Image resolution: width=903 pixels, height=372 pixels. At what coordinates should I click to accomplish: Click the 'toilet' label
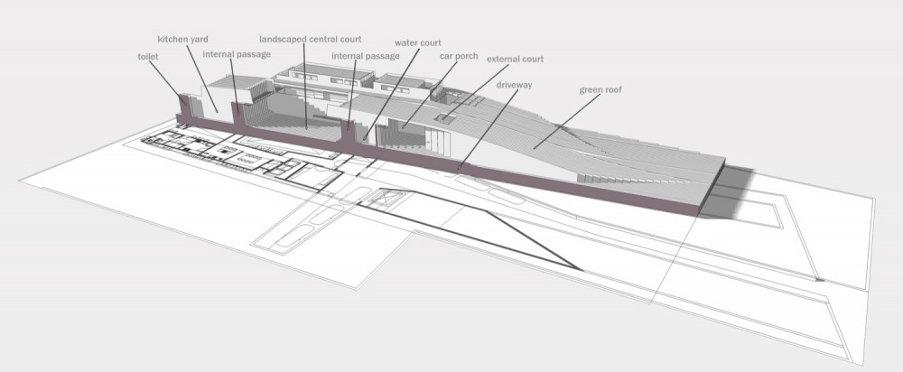(x=148, y=57)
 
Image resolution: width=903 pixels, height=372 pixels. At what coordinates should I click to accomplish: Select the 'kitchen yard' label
(x=183, y=40)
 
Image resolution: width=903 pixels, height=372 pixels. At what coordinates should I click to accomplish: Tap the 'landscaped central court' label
(x=311, y=39)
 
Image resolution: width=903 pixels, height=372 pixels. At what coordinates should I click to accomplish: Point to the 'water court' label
(x=418, y=43)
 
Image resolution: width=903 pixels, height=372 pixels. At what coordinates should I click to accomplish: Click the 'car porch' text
(x=459, y=57)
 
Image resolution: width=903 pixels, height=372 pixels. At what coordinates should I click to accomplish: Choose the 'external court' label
(x=516, y=59)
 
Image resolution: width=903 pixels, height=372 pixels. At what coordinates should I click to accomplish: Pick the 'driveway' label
(x=515, y=85)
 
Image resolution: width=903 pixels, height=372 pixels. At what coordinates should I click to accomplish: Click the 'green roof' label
(x=600, y=89)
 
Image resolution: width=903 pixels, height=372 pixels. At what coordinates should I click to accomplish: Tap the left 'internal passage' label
(x=237, y=54)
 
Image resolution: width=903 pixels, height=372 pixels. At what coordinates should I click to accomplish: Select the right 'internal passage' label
(x=366, y=56)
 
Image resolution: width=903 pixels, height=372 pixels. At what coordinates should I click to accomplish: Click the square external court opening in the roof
(x=446, y=118)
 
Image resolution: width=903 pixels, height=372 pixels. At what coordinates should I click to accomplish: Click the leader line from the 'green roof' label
(x=567, y=122)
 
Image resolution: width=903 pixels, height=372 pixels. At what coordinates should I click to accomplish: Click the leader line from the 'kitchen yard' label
(x=201, y=79)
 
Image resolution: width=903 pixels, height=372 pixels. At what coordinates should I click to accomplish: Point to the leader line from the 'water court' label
(x=393, y=93)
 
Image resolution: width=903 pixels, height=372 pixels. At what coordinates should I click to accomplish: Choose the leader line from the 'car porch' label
(x=430, y=93)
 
